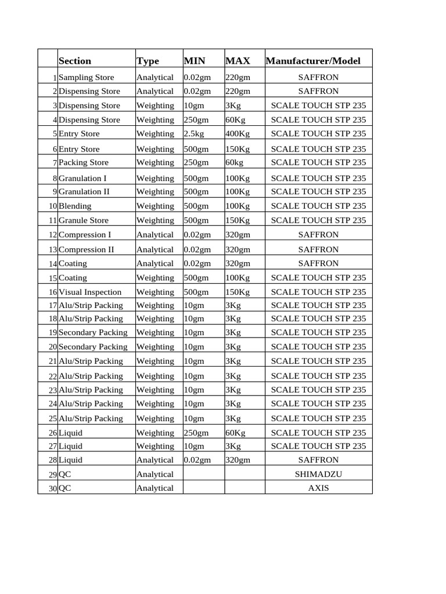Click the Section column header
tap(75, 61)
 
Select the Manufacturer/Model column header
tap(312, 61)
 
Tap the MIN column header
tap(194, 61)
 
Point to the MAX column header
tap(238, 61)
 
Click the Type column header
tap(148, 61)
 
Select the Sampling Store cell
tap(87, 77)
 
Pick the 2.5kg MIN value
tap(195, 133)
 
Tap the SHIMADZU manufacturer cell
tap(318, 474)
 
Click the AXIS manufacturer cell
tap(318, 488)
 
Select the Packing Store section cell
tap(84, 162)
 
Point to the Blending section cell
tap(75, 206)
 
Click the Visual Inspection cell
tap(90, 292)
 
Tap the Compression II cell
tap(87, 249)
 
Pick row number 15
tap(52, 278)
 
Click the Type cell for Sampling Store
tap(155, 77)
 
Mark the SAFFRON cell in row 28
tap(318, 459)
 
